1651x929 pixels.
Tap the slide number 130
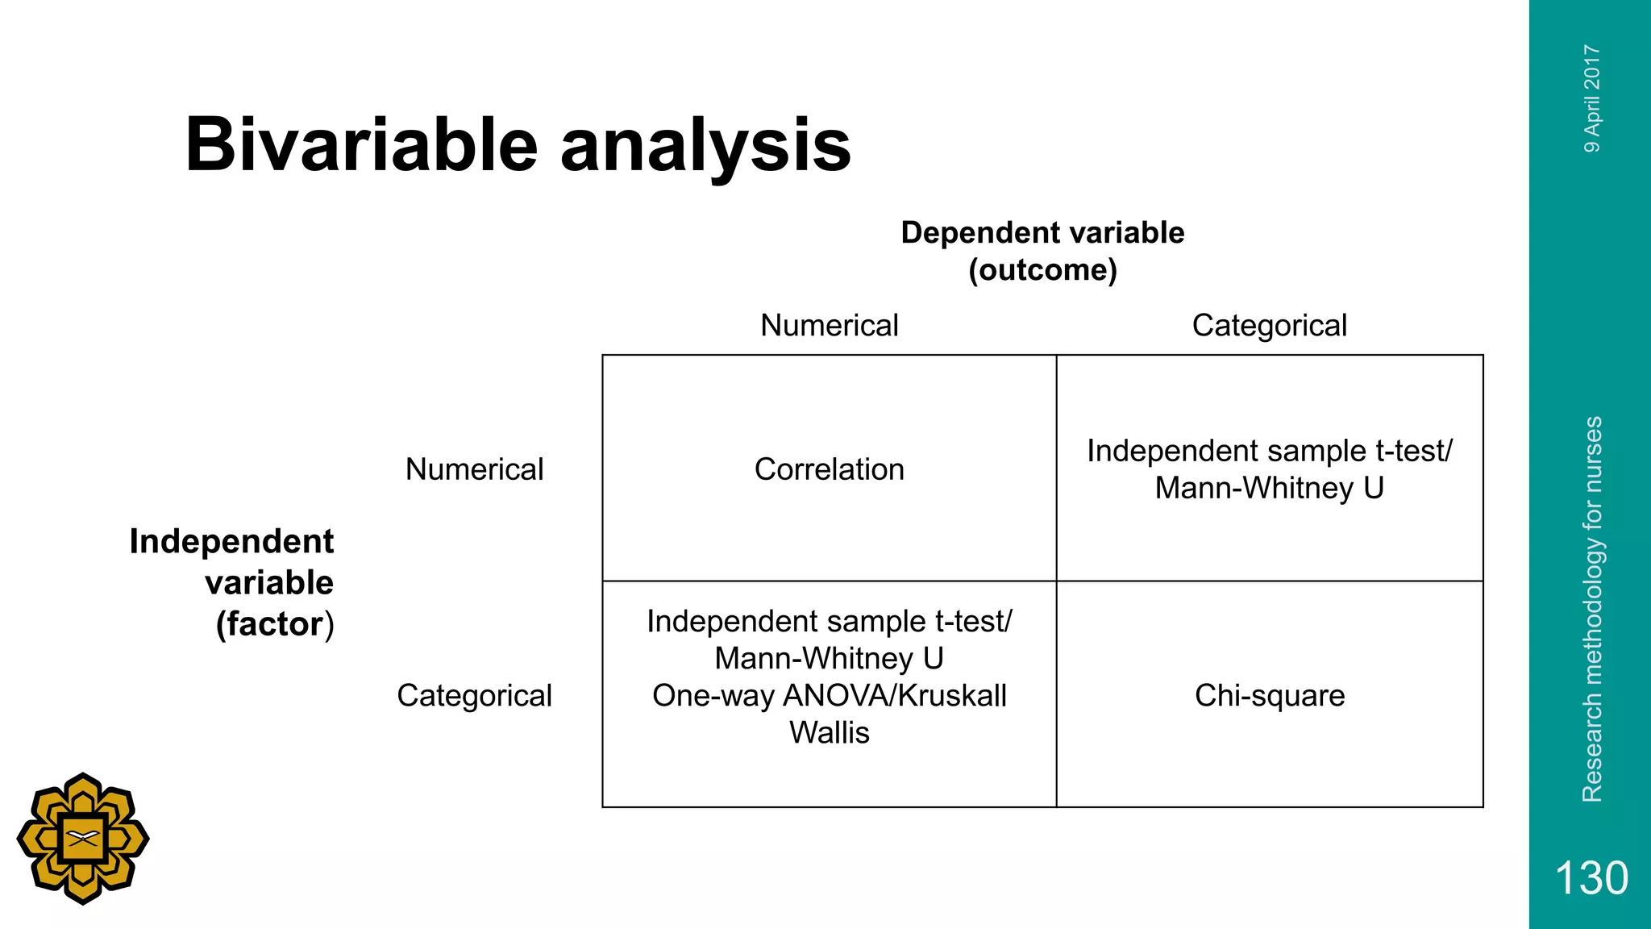1591,877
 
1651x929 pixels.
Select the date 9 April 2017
1592,98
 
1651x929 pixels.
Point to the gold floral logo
83,839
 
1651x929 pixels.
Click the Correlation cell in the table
829,469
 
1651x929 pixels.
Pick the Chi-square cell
1270,695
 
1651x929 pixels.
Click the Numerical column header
829,325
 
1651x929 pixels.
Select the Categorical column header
1269,325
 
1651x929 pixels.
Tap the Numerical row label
474,469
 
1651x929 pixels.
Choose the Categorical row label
474,695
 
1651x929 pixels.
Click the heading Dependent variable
1042,232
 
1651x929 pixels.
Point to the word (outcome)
1042,269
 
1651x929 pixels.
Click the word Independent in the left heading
231,541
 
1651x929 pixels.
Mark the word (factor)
274,624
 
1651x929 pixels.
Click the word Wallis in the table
829,732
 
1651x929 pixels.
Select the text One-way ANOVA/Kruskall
829,695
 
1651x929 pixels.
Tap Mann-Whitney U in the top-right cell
1269,488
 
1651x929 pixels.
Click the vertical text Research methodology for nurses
1592,609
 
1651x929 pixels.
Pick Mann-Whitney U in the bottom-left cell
829,658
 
